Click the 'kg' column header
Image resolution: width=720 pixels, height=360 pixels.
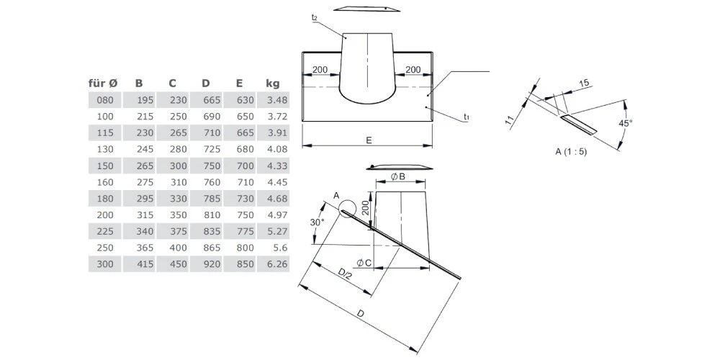[x=273, y=84]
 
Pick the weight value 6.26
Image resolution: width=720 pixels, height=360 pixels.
[x=277, y=264]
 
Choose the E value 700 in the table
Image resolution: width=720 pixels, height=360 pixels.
[x=247, y=166]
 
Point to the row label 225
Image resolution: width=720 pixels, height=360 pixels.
[x=104, y=231]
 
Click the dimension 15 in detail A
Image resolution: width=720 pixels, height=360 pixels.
[x=585, y=84]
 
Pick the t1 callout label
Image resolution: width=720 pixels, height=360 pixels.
[x=467, y=117]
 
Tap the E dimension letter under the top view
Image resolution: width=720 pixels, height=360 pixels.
[x=369, y=140]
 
